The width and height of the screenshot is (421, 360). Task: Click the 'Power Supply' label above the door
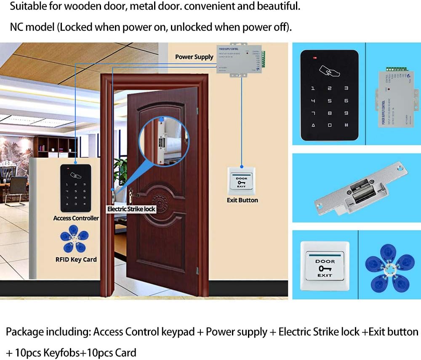194,57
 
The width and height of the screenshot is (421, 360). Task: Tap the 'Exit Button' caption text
242,200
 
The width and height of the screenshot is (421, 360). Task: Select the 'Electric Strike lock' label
131,209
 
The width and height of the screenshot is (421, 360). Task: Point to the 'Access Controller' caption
76,218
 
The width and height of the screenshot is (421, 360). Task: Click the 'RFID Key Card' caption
76,259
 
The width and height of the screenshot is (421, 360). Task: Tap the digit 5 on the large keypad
329,101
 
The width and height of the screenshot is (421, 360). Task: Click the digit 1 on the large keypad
312,88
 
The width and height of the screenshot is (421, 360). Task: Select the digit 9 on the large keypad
346,113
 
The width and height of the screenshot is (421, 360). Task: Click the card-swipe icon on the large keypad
330,69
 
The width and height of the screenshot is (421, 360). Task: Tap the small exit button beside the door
242,181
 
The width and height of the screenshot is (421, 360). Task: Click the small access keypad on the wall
76,188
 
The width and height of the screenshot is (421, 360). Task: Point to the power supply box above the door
239,60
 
